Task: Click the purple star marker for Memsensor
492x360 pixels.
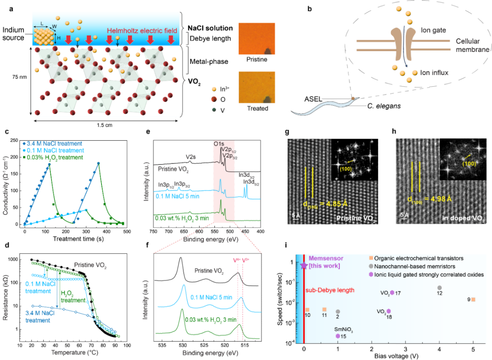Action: [x=304, y=265]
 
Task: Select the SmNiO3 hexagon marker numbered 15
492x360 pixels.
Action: [x=338, y=336]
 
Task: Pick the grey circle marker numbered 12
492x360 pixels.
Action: [x=440, y=288]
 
